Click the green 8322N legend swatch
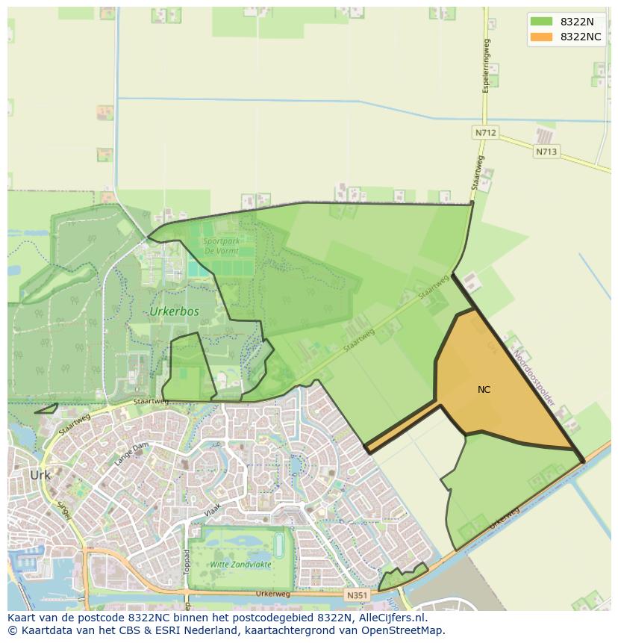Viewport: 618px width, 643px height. (x=541, y=22)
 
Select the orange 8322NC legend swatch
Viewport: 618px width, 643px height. (x=541, y=37)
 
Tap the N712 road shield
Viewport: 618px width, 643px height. (x=485, y=132)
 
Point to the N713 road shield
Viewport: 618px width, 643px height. (x=546, y=152)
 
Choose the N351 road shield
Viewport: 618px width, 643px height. (x=357, y=595)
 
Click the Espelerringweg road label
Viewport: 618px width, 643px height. (x=486, y=66)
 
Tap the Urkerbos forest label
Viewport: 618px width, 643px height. (x=174, y=311)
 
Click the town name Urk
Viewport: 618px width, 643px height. (x=40, y=475)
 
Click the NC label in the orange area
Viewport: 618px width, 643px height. (x=484, y=389)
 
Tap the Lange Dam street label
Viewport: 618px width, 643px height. (x=131, y=454)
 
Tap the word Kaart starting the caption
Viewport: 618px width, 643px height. (x=23, y=618)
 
